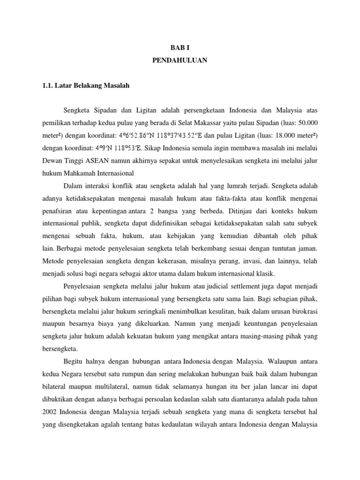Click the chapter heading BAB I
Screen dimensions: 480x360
point(180,47)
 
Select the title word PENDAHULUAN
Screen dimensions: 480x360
point(180,60)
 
